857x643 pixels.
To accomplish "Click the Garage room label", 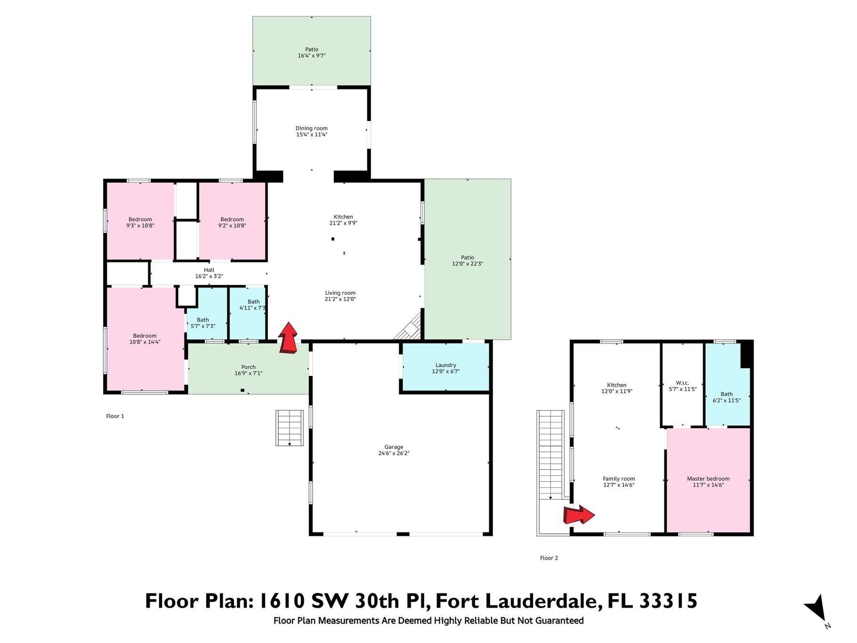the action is [394, 447].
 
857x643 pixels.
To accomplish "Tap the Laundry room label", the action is [446, 365].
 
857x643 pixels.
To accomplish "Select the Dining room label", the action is [312, 128].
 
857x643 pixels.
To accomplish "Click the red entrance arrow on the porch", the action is [288, 338].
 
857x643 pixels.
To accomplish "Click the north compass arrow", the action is [816, 608].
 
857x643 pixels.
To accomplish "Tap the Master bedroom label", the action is [708, 479].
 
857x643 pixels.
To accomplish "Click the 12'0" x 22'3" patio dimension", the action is [468, 264].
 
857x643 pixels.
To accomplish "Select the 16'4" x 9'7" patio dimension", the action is [312, 56].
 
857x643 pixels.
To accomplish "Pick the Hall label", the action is [209, 270].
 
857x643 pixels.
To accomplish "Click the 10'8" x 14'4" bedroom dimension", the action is [145, 342].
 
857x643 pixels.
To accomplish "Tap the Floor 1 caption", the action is [115, 416].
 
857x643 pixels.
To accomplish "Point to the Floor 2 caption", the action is [549, 558].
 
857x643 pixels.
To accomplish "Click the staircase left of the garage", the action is [289, 428].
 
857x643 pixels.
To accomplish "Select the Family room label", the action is [619, 479].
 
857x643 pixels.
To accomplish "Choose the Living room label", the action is [340, 293].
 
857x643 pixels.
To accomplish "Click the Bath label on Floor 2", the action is [727, 394].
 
